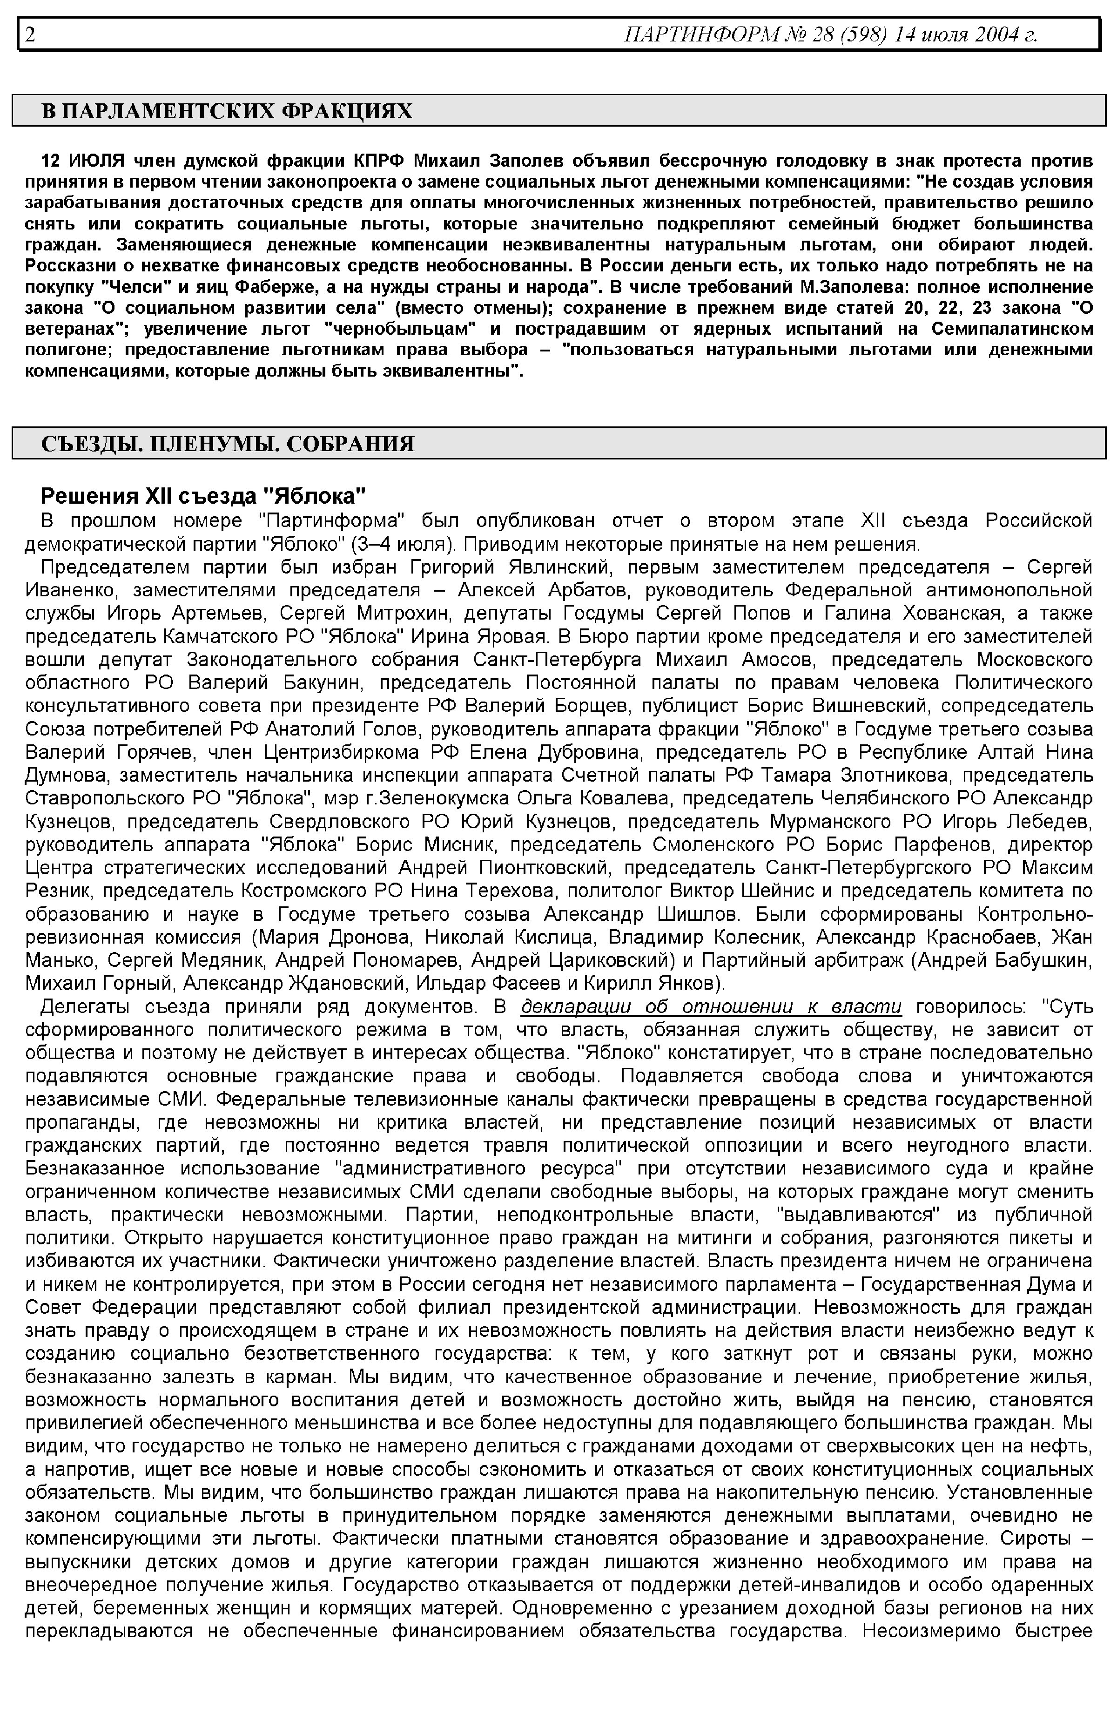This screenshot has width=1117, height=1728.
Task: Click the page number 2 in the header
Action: coord(30,34)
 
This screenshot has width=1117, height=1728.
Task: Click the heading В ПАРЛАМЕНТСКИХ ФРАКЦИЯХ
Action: coord(226,111)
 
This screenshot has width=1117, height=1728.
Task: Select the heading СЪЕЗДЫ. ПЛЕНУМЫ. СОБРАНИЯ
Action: coord(227,444)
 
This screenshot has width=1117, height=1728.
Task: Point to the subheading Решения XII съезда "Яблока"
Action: coord(203,496)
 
